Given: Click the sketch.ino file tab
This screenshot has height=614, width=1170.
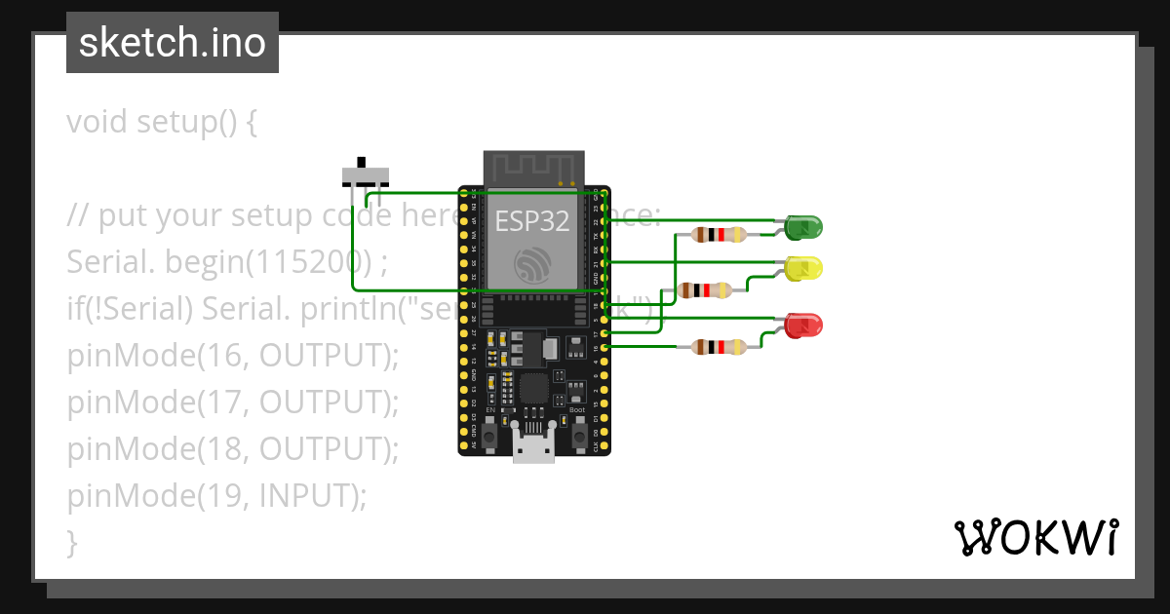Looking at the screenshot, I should point(173,43).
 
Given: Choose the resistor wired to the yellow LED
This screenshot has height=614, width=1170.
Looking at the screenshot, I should point(705,289).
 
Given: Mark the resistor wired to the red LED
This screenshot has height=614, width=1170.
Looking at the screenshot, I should point(718,346).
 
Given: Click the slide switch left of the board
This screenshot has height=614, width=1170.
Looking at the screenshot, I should point(365,174).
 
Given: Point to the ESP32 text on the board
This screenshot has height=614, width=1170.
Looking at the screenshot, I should point(531,221).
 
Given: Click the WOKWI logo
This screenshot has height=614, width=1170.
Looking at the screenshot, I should point(1034,537).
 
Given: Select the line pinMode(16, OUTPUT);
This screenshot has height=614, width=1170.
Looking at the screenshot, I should point(233,356).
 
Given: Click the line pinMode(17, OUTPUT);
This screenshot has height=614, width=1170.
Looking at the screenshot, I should point(233,403).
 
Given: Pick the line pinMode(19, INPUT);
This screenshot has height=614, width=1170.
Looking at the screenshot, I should point(216,496).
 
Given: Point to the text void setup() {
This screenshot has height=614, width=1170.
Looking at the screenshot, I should point(162,123).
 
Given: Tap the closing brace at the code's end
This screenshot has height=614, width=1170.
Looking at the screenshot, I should point(71,542).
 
